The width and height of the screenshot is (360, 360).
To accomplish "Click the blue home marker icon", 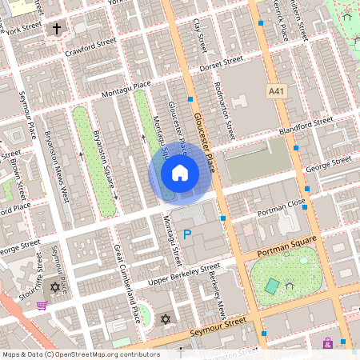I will coord(180,173).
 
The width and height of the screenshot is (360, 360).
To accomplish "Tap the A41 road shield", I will coord(277,92).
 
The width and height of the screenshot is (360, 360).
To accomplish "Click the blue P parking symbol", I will coord(187,234).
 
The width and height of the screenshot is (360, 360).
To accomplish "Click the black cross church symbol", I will coord(56,30).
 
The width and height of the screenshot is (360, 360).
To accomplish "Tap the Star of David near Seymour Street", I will coord(166,319).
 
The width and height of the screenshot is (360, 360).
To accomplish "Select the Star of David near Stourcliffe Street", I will coord(55,287).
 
